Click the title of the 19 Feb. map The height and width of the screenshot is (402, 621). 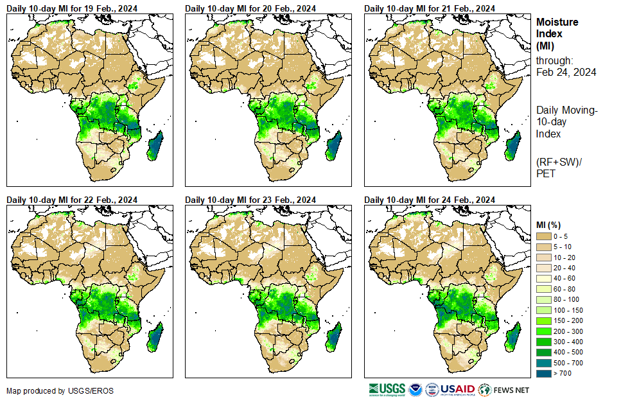(72, 8)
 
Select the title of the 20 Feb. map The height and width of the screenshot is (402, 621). (250, 8)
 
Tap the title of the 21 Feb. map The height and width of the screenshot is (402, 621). (430, 8)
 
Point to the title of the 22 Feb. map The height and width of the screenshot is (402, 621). (72, 200)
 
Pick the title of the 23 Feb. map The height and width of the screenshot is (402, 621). (250, 200)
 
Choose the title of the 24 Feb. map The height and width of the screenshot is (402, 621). (430, 200)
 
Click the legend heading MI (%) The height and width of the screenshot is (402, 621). (548, 223)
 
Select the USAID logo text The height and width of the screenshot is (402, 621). (457, 389)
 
